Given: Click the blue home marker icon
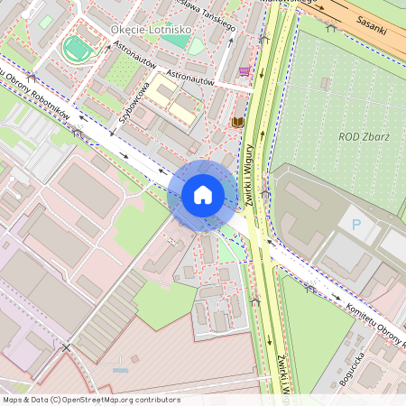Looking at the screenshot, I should coord(202,195).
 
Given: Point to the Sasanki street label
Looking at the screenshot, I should coord(371,23).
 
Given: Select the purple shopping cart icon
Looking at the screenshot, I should coord(245,70).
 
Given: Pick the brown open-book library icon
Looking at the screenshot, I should coord(237,122).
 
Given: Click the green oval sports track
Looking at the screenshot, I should coord(78,48).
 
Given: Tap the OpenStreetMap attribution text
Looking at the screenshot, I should coord(91,399).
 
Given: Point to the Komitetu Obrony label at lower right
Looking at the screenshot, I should coord(374,326).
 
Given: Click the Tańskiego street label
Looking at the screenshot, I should coord(210,15).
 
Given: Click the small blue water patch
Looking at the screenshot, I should coord(120,369).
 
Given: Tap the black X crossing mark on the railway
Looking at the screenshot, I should coord(65,346).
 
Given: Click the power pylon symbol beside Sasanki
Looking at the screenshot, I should coord(331,28).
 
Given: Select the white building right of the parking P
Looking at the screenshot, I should coord(392,244).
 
